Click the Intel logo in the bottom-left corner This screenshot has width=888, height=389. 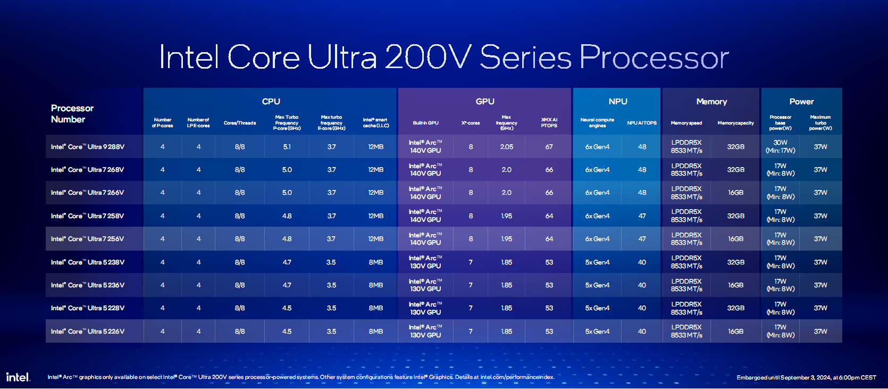click(18, 377)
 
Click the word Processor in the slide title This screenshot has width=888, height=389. click(654, 57)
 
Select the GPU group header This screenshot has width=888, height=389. click(484, 102)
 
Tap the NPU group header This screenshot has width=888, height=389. click(617, 102)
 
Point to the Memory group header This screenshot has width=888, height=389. click(711, 102)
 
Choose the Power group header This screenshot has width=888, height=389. click(801, 102)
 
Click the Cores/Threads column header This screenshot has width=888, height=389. click(240, 123)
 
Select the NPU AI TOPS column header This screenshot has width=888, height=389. click(642, 123)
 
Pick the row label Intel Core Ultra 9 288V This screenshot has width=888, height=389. click(88, 147)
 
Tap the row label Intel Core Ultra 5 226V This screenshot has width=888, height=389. click(88, 332)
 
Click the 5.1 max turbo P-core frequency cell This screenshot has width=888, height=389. click(287, 147)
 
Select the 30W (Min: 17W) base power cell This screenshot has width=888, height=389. click(781, 146)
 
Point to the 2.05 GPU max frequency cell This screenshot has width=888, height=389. click(506, 147)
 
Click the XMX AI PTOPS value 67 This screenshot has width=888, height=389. click(549, 147)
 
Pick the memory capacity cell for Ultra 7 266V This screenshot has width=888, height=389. click(736, 193)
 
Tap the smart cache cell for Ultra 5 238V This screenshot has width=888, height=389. click(376, 262)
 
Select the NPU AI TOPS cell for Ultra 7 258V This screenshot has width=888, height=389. click(642, 216)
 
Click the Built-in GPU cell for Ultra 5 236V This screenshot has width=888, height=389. click(425, 285)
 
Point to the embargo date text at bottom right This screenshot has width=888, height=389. click(806, 378)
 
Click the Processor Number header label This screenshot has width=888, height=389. click(72, 114)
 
